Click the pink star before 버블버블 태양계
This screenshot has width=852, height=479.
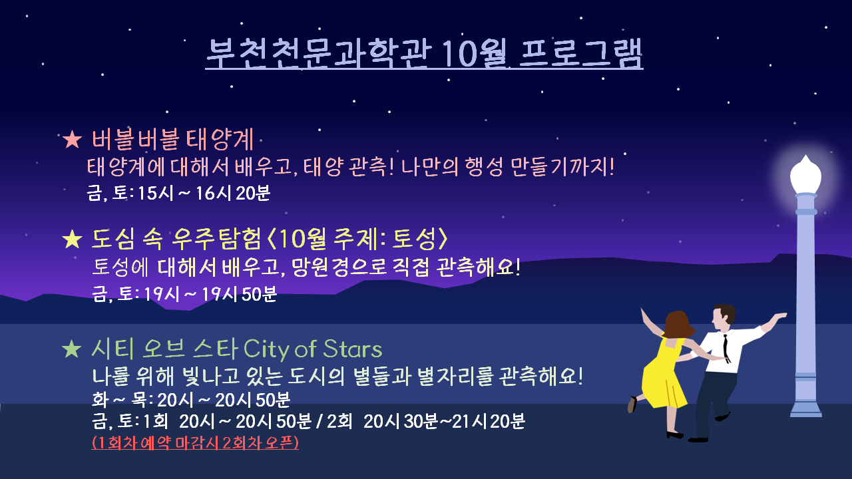(73, 140)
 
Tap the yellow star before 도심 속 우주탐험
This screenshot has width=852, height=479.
(73, 239)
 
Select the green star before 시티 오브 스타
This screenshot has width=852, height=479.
(72, 349)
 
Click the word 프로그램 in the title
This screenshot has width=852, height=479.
(581, 53)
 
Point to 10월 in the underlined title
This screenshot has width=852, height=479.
(475, 53)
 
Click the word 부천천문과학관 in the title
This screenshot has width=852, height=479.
(319, 53)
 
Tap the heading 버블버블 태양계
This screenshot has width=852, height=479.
(172, 140)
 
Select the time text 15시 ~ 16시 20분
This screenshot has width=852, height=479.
(204, 193)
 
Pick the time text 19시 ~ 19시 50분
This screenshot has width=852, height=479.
(210, 294)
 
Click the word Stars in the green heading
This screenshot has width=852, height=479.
(353, 349)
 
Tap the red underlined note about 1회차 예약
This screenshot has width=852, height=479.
(195, 443)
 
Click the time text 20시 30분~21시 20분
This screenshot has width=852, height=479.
(444, 421)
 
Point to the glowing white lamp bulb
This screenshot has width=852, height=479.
(805, 175)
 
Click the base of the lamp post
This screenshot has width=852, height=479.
(805, 410)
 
